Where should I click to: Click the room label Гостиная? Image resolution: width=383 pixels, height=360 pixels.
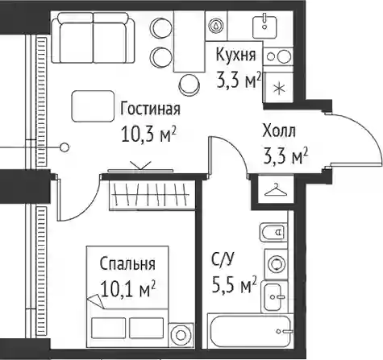[x=150, y=109]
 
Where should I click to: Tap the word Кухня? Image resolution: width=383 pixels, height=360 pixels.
[x=235, y=55]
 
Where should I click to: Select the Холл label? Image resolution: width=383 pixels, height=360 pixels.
[x=279, y=131]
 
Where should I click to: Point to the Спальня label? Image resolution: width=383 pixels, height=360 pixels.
[x=127, y=264]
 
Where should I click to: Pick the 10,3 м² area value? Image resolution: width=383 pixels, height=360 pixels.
[x=149, y=134]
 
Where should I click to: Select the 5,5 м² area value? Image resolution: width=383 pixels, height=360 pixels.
[x=234, y=286]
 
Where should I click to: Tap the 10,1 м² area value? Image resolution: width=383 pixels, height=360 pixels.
[x=127, y=288]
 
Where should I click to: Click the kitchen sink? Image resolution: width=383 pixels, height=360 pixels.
[x=264, y=27]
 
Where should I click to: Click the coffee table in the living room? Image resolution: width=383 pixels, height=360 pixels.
[x=93, y=106]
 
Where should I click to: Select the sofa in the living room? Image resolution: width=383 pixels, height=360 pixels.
[x=93, y=38]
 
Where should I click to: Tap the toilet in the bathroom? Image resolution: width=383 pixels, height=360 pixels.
[x=273, y=232]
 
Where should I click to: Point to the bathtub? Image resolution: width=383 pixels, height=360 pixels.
[x=250, y=332]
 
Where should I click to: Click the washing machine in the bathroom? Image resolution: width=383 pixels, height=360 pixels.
[x=276, y=264]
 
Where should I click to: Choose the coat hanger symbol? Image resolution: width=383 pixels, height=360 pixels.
[x=276, y=190]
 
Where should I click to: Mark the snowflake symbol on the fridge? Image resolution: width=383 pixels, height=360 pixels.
[x=279, y=88]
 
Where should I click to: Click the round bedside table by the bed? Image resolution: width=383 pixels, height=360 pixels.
[x=181, y=334]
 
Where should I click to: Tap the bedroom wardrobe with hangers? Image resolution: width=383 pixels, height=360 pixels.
[x=152, y=195]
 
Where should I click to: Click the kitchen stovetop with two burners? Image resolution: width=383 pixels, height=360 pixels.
[x=278, y=57]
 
